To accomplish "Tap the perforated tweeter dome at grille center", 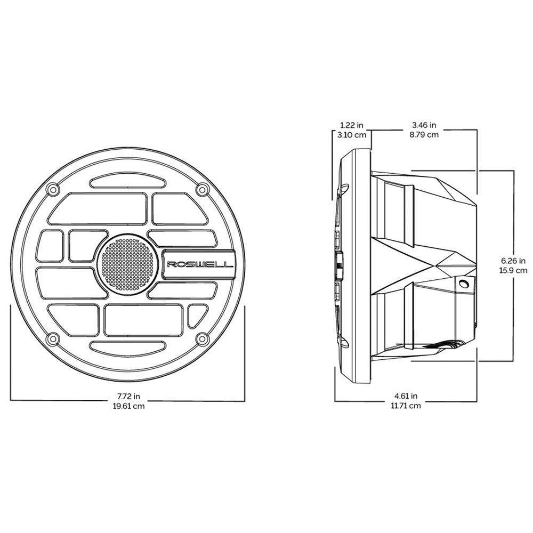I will (127, 264).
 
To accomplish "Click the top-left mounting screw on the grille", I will (52, 189).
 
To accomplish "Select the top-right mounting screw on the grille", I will (201, 189).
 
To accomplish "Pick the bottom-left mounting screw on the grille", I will (52, 338).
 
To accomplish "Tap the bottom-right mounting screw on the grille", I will (201, 338).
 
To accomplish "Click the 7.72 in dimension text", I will (129, 396).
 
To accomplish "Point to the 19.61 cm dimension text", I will (129, 406).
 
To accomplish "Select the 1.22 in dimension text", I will (352, 125).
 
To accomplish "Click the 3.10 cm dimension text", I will (352, 134).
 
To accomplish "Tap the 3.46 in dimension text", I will (424, 125).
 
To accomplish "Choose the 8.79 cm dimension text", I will (424, 134).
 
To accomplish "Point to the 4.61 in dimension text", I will (406, 396).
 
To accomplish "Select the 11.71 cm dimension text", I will (406, 406).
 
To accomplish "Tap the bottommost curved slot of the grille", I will (127, 346).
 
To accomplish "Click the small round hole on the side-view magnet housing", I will (464, 286).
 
